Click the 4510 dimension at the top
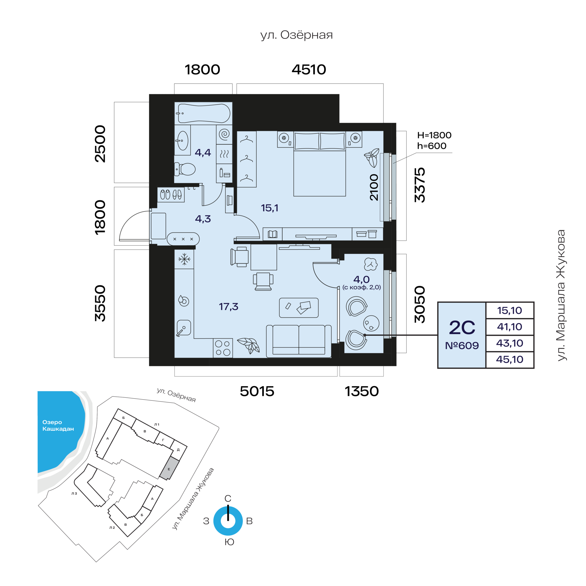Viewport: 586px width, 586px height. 309,70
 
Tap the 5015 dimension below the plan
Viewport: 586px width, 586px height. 257,391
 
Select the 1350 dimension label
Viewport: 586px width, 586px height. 362,391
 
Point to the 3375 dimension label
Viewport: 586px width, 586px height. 420,185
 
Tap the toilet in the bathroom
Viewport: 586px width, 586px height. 185,169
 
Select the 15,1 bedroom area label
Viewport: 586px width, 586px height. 269,208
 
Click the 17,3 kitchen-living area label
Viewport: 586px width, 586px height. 228,306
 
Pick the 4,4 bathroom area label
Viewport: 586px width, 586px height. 203,152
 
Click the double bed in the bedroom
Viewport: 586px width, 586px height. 320,164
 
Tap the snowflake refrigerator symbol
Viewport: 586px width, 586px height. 184,259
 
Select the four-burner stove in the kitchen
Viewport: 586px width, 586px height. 223,348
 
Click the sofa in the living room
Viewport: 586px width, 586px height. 299,341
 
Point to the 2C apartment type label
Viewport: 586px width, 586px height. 462,327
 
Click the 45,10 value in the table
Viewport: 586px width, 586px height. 509,360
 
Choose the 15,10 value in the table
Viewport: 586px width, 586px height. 509,311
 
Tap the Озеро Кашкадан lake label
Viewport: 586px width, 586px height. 58,425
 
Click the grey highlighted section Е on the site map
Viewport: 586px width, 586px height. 169,468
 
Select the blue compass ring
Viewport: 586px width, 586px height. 228,521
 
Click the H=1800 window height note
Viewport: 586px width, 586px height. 434,135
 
